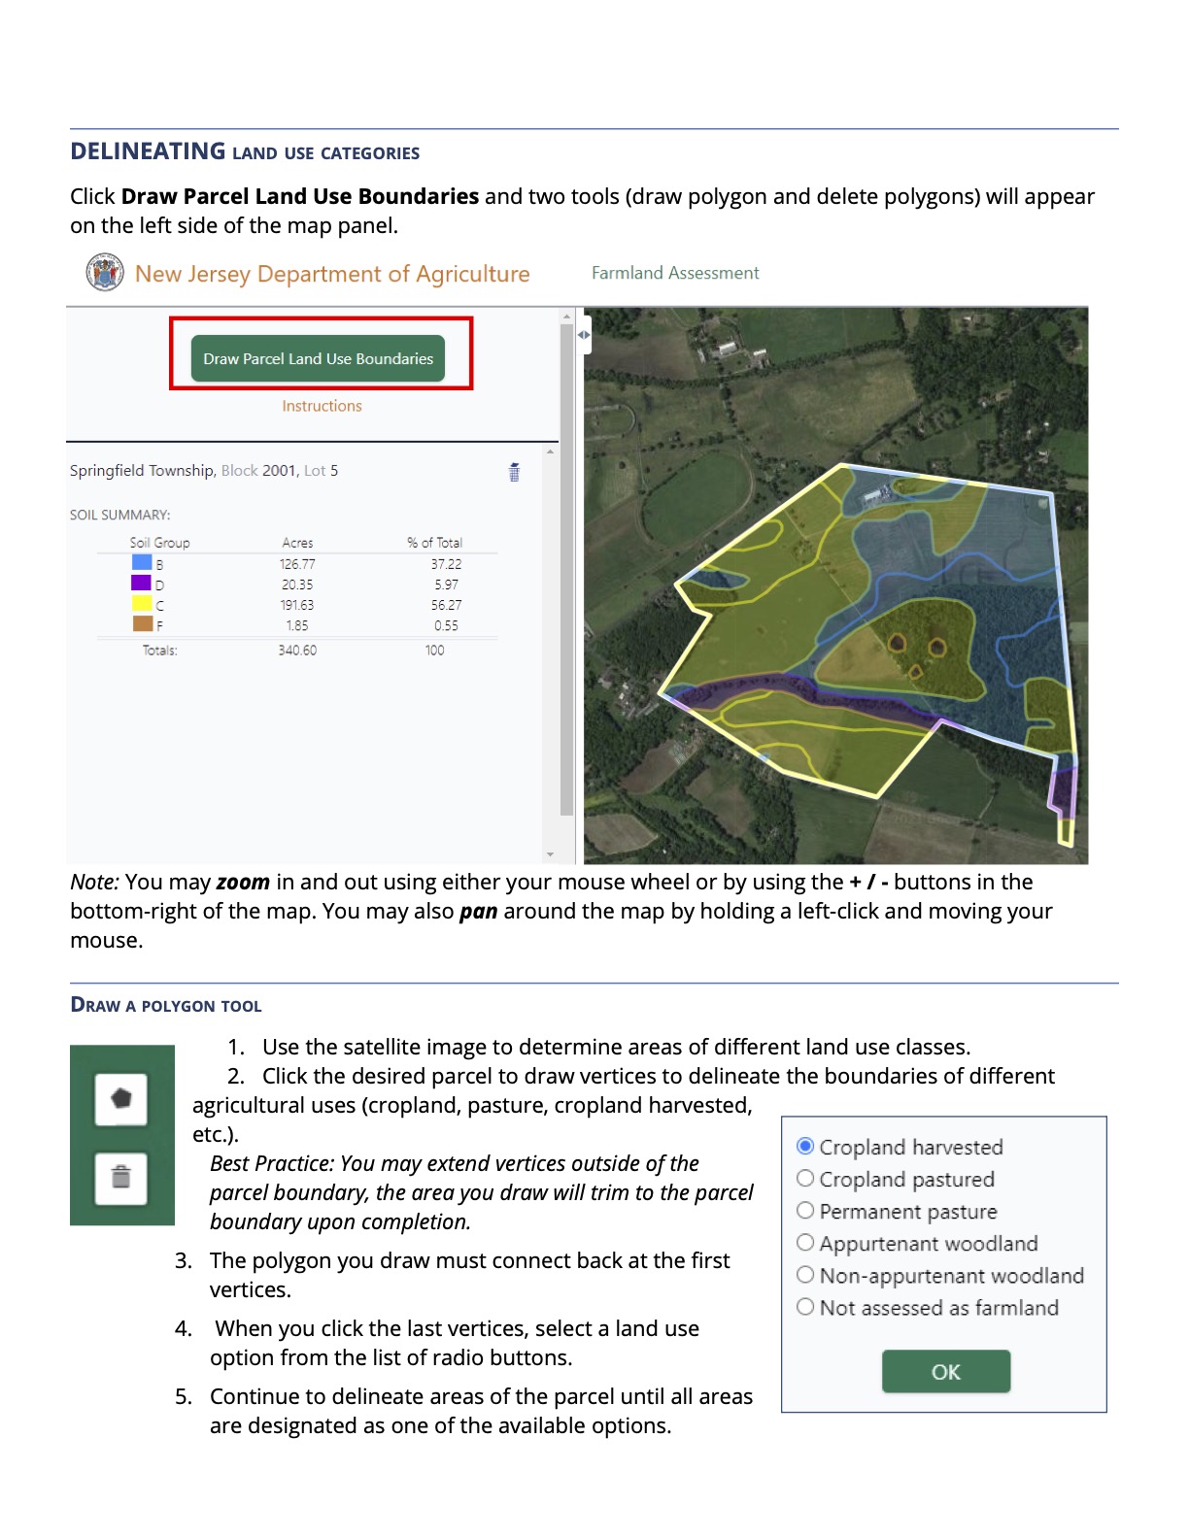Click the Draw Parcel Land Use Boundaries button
click(318, 358)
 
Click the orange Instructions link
click(322, 406)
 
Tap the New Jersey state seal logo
click(105, 273)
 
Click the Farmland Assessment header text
click(675, 273)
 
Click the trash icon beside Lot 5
click(514, 472)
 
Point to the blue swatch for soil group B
click(142, 562)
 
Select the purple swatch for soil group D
click(142, 583)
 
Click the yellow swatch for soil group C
click(142, 603)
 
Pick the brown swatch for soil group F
click(142, 623)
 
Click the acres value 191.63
click(297, 605)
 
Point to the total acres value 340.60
click(297, 651)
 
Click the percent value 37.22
click(446, 564)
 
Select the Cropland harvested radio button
click(805, 1146)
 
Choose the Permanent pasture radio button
click(805, 1211)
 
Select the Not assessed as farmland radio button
click(805, 1307)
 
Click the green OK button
click(945, 1371)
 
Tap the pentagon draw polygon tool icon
click(121, 1099)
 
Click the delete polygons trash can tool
click(121, 1178)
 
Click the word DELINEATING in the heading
click(148, 151)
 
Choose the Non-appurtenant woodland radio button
click(805, 1275)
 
